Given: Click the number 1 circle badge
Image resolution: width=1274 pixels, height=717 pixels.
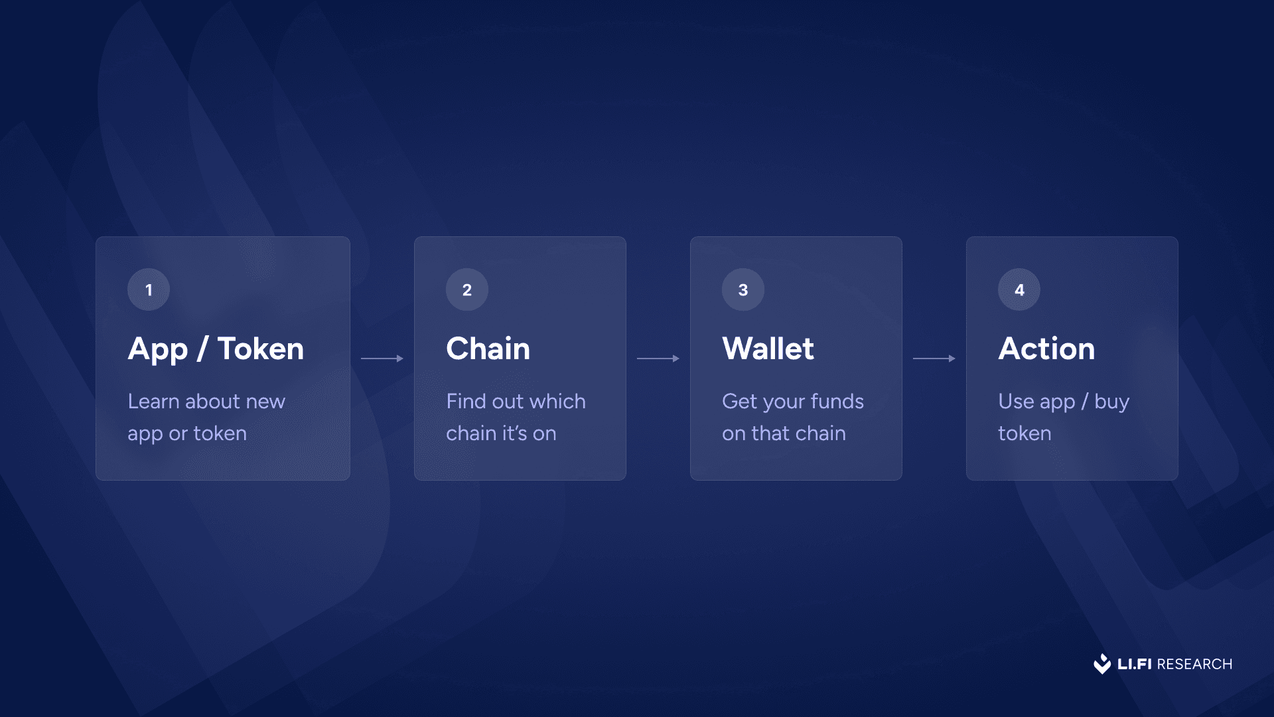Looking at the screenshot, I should [x=149, y=289].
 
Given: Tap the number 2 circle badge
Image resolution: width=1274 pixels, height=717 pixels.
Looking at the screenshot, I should [x=467, y=289].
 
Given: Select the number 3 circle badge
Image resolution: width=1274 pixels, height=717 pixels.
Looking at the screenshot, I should [x=743, y=289].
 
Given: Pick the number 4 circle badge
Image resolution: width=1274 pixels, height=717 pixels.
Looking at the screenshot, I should [x=1019, y=289].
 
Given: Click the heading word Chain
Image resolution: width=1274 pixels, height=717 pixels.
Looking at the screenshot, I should [x=488, y=349].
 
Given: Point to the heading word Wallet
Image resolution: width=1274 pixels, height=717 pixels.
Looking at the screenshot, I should [x=768, y=349].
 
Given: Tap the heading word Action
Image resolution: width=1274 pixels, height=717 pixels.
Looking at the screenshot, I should [x=1046, y=349].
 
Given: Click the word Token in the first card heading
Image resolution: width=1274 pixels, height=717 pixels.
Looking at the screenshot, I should [x=261, y=349].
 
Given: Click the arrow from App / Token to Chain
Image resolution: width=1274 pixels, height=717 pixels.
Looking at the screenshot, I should [x=382, y=358].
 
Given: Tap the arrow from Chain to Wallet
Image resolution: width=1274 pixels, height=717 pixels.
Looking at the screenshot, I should [x=658, y=358].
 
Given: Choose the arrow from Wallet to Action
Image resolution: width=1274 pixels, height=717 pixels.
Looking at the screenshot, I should [x=934, y=358].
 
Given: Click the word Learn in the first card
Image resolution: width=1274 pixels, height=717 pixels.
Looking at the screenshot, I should [x=153, y=401].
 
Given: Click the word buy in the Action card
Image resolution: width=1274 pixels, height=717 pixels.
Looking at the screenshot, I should [x=1111, y=402].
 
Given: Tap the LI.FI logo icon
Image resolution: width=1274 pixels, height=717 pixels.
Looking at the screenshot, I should [x=1102, y=664].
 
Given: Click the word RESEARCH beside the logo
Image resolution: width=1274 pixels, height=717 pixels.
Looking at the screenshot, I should [x=1194, y=664].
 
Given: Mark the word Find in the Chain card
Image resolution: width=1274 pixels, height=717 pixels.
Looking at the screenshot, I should [x=466, y=401].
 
